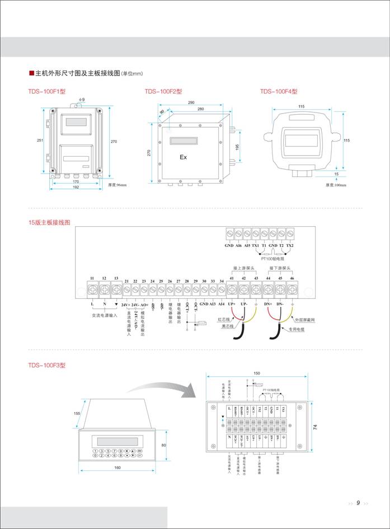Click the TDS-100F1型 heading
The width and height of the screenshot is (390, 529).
48,92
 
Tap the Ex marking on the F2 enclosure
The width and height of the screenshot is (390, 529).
183,157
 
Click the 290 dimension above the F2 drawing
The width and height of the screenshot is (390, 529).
191,103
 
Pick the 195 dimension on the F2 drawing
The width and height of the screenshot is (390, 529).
237,146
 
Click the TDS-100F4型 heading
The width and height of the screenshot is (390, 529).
279,92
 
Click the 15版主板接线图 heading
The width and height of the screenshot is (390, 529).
50,222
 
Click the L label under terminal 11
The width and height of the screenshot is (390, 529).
91,304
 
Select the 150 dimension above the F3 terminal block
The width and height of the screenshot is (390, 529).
257,373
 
